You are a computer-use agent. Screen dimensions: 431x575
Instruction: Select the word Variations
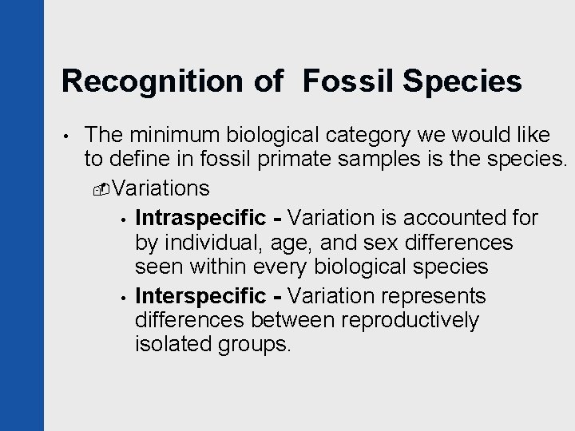162,189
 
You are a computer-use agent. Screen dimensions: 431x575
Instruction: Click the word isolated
172,346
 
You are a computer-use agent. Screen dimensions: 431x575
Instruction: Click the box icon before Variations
101,190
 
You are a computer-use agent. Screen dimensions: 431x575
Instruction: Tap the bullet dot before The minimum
67,138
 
